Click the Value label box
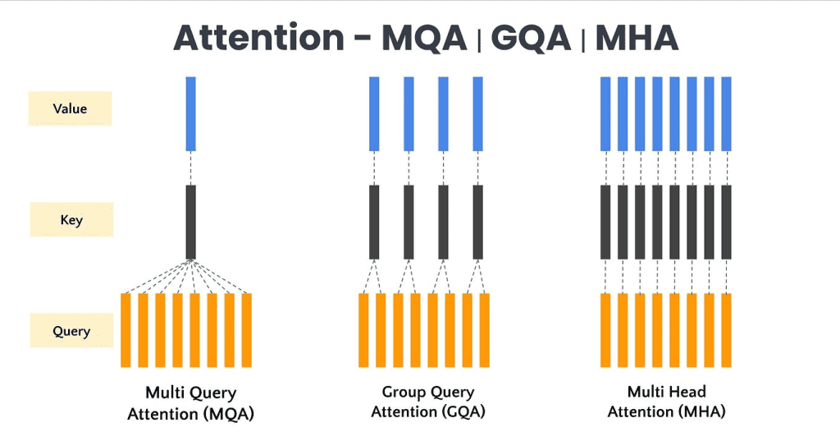click(70, 108)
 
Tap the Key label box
click(71, 219)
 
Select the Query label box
click(71, 332)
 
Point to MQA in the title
click(424, 38)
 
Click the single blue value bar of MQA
click(191, 113)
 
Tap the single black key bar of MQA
click(191, 222)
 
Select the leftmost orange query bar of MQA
click(126, 329)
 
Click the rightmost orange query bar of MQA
click(246, 329)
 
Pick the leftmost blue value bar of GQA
click(374, 113)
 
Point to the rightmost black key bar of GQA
click(478, 222)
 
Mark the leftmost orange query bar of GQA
click(363, 329)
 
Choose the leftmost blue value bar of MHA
click(605, 113)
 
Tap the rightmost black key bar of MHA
click(726, 222)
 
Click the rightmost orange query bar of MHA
click(726, 329)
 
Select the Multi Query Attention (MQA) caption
click(191, 402)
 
